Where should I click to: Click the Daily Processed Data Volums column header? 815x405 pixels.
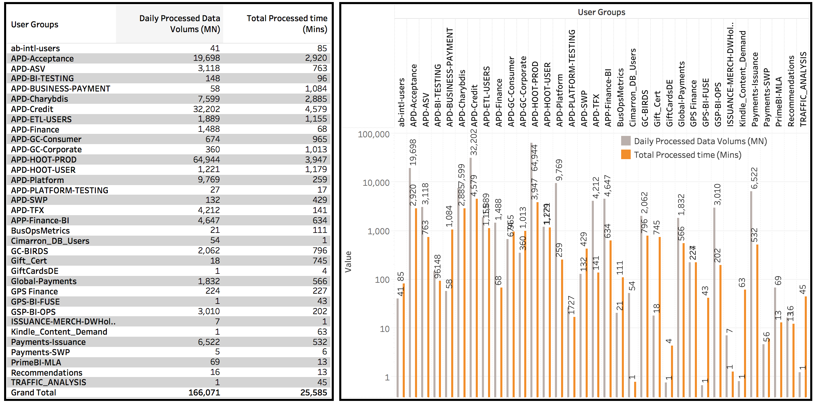tap(180, 24)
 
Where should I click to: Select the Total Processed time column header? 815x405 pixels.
tap(287, 24)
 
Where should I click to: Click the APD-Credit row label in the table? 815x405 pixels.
tap(32, 109)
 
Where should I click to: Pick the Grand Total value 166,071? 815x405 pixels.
tap(204, 393)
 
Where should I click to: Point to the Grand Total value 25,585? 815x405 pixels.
tap(313, 393)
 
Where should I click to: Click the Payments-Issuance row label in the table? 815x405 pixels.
tap(48, 342)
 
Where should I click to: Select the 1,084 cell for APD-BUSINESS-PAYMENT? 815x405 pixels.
tap(316, 89)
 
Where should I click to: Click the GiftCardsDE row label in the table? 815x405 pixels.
tap(34, 271)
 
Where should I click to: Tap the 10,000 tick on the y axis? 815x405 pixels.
tap(376, 183)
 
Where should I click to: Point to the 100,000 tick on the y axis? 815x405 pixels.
tap(373, 135)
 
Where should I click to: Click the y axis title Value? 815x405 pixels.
tap(348, 262)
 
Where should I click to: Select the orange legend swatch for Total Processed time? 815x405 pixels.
tap(626, 155)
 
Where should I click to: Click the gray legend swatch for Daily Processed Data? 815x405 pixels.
tap(626, 141)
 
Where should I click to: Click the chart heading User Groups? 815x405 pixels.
tap(601, 12)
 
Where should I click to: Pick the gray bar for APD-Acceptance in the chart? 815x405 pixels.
tap(410, 282)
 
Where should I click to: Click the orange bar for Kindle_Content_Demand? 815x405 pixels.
tap(745, 343)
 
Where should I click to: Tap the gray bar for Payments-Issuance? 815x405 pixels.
tap(751, 294)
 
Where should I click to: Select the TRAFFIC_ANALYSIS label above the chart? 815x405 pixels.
tap(803, 89)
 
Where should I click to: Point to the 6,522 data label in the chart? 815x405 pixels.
tap(754, 178)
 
